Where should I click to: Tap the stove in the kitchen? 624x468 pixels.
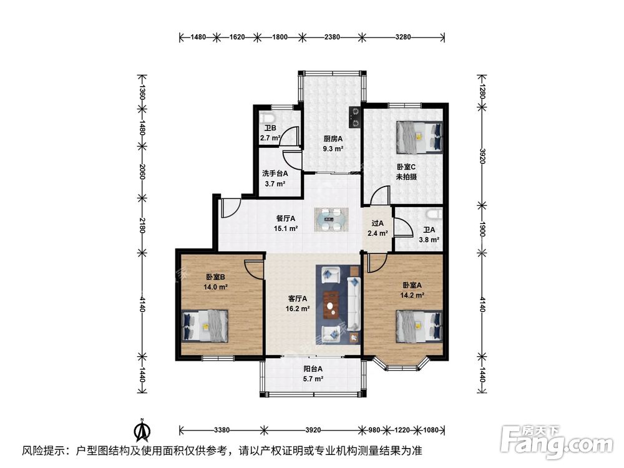[356, 116]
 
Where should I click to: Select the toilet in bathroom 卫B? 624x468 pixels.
[269, 119]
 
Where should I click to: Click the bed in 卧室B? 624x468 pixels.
[205, 326]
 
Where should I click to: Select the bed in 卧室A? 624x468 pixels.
[419, 326]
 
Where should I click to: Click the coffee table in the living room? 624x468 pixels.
[331, 304]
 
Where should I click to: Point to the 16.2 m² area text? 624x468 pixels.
[298, 309]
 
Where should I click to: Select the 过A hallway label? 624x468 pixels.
[378, 223]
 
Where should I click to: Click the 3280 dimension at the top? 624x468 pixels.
[403, 37]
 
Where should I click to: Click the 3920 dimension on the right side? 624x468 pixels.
[481, 156]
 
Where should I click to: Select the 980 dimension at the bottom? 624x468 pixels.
[373, 429]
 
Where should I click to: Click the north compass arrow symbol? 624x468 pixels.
[143, 431]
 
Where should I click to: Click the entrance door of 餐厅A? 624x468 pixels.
[230, 207]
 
